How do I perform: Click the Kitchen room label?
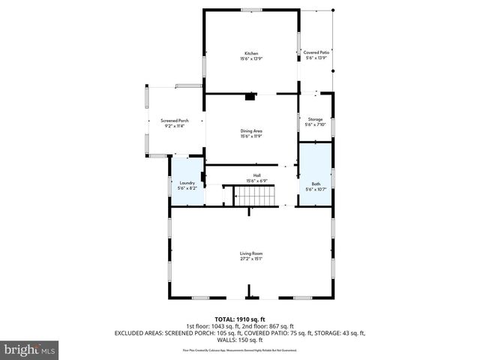point(251,53)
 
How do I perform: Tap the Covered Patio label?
point(316,52)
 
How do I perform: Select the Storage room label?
point(316,119)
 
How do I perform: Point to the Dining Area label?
point(251,131)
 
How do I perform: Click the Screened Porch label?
point(174,121)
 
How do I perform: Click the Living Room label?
point(251,253)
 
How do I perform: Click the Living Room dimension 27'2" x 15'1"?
point(251,259)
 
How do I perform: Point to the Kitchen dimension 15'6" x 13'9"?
point(251,58)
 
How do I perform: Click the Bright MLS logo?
point(30,349)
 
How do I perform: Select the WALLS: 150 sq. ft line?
point(240,338)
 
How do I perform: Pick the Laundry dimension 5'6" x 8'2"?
point(187,188)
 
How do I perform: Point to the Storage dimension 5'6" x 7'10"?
point(316,124)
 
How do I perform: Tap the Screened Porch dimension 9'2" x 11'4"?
point(174,126)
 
